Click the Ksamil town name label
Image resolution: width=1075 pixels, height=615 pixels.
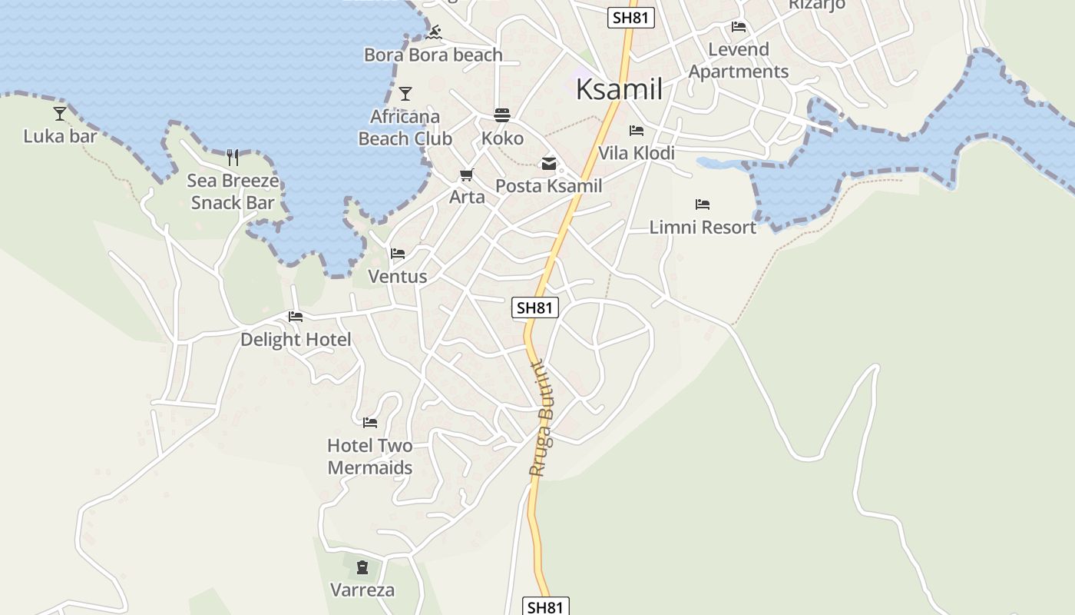pyautogui.click(x=619, y=89)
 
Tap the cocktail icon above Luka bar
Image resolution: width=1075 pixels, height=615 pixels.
pyautogui.click(x=60, y=114)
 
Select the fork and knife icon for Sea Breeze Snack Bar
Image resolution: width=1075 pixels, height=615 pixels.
pyautogui.click(x=233, y=158)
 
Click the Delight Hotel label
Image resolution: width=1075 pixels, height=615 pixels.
pyautogui.click(x=296, y=339)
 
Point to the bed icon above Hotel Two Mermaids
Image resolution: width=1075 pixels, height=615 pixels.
pyautogui.click(x=370, y=422)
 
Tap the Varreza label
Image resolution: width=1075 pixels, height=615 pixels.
pyautogui.click(x=362, y=590)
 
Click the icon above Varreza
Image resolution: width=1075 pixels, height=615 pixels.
pyautogui.click(x=362, y=567)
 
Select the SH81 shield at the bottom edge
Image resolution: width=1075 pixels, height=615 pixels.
pyautogui.click(x=546, y=607)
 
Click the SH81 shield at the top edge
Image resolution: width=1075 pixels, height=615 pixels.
pyautogui.click(x=630, y=18)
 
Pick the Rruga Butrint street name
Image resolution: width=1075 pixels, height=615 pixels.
pyautogui.click(x=543, y=419)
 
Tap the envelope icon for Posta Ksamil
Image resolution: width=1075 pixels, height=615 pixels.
pyautogui.click(x=548, y=164)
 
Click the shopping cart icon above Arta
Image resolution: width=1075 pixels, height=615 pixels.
pyautogui.click(x=467, y=175)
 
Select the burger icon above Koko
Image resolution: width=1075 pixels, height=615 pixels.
pyautogui.click(x=502, y=115)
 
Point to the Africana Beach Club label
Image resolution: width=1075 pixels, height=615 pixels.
pyautogui.click(x=405, y=128)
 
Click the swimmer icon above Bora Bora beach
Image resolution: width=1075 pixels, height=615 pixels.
pyautogui.click(x=434, y=32)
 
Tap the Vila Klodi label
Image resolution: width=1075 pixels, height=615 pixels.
pyautogui.click(x=637, y=153)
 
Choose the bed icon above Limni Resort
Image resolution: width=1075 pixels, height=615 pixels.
pyautogui.click(x=703, y=204)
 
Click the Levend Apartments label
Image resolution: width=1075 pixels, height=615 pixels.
pyautogui.click(x=739, y=60)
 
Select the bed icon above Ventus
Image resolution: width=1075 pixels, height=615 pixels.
pyautogui.click(x=398, y=253)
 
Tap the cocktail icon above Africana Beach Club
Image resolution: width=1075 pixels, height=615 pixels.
pyautogui.click(x=405, y=94)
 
